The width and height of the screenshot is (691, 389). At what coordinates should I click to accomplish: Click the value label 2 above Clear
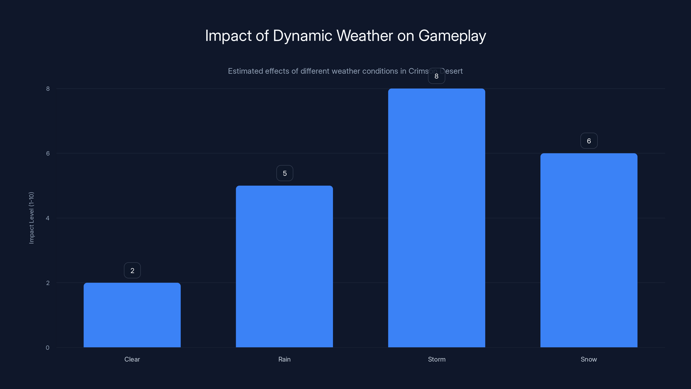[132, 270]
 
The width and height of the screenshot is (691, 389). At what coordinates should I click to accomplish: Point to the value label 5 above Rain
[285, 173]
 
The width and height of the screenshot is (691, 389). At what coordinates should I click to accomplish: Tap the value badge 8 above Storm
[436, 76]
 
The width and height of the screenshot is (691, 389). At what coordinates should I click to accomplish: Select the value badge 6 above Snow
[589, 141]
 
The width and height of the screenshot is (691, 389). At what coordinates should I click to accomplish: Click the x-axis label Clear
[132, 359]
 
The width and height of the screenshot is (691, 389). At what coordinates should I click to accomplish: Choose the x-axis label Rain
[284, 359]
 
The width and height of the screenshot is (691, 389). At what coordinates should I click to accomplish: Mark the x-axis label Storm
[436, 359]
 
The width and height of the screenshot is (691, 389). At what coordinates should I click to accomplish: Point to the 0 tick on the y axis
[48, 348]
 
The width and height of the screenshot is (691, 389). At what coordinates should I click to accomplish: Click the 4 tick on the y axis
[48, 218]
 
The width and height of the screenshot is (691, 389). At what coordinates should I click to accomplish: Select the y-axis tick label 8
[48, 89]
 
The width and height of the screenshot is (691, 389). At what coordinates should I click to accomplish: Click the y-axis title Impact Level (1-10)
[31, 218]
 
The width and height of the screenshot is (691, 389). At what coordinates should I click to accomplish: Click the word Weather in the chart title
[365, 35]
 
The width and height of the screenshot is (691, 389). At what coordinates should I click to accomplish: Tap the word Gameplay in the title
[452, 36]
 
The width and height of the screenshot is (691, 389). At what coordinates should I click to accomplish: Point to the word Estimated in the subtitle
[245, 71]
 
